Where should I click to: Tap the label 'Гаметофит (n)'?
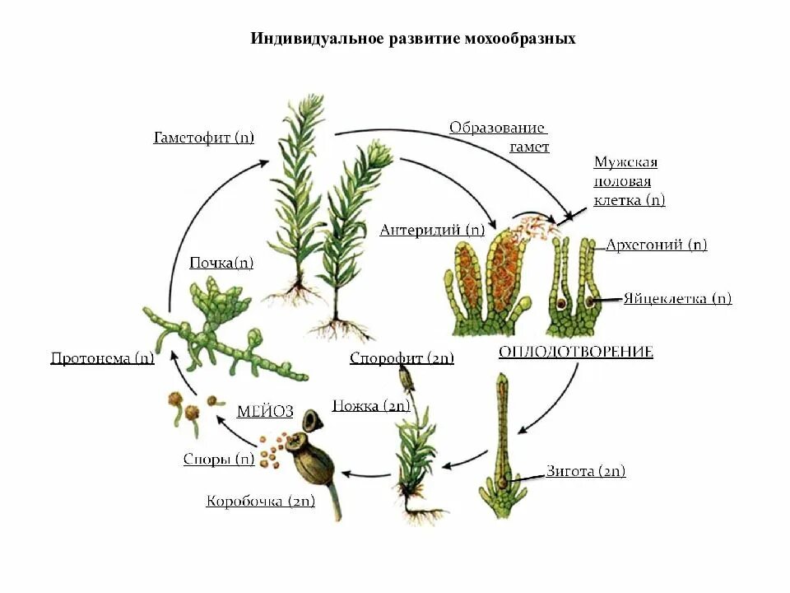point(203,138)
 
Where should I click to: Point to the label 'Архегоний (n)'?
point(656,245)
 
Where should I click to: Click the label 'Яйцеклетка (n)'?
point(677,299)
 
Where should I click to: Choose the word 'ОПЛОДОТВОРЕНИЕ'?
point(575,353)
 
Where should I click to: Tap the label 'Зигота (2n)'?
point(586,472)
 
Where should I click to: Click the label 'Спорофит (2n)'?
point(402,358)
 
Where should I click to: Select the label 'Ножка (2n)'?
point(371,405)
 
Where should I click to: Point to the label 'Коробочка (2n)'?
point(261,501)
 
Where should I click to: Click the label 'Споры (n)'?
point(219,460)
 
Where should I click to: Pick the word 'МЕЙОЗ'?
point(265,413)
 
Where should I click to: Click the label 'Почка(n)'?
point(221,264)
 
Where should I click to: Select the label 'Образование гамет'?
point(499,137)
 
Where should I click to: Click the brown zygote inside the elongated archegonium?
point(502,479)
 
